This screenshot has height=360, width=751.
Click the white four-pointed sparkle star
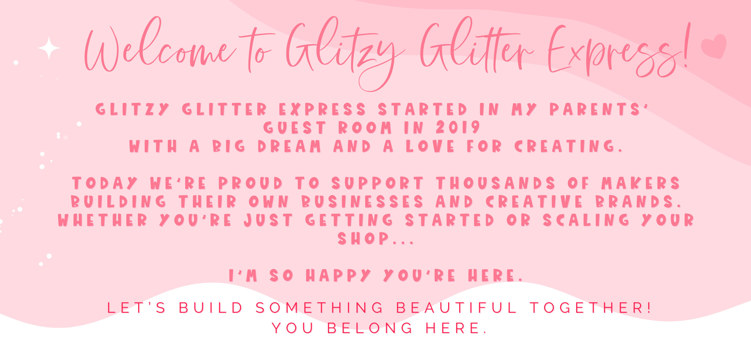coord(49,48)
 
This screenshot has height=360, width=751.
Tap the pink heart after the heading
coord(714,46)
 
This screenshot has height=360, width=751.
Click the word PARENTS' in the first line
coord(599,109)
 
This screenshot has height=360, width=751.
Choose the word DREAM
coord(289,146)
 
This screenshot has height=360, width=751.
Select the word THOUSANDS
coord(496,183)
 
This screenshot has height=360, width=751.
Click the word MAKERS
coord(641,183)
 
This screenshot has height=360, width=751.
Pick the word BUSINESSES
coord(363,201)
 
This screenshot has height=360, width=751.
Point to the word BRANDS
coord(638,201)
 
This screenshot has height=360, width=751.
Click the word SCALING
coord(586,220)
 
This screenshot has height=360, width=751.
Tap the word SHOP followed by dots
coord(375,238)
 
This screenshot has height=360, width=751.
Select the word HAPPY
coord(338,275)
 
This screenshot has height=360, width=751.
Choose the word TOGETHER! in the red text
coord(591,307)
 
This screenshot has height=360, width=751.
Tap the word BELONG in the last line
coord(370,328)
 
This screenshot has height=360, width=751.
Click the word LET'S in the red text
coord(136,307)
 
